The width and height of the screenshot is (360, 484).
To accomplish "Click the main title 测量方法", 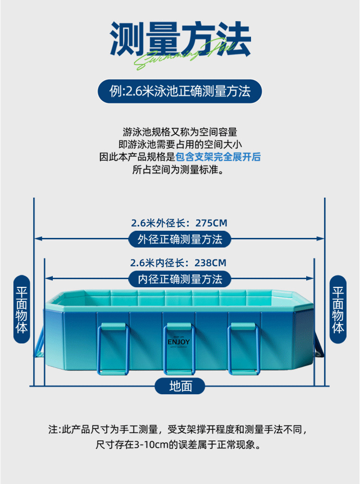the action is click(x=180, y=38).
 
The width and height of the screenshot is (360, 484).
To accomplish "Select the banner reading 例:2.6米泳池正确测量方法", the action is click(x=180, y=91).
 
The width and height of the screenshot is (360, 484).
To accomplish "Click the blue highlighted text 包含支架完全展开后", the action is click(x=218, y=157).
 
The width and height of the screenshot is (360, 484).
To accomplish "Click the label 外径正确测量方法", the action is click(x=180, y=239).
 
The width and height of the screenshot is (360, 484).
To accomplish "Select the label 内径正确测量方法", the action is click(x=180, y=279).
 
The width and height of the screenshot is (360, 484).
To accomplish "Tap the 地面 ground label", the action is click(x=180, y=386).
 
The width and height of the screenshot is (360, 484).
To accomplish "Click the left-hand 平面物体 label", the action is click(x=22, y=309).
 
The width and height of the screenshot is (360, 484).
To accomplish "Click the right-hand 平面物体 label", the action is click(x=338, y=309).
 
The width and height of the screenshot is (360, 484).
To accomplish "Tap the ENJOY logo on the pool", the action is click(x=179, y=342).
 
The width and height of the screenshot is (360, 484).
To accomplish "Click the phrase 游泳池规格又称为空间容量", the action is click(x=180, y=131).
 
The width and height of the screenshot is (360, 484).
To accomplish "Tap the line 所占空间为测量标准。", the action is click(x=180, y=170).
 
